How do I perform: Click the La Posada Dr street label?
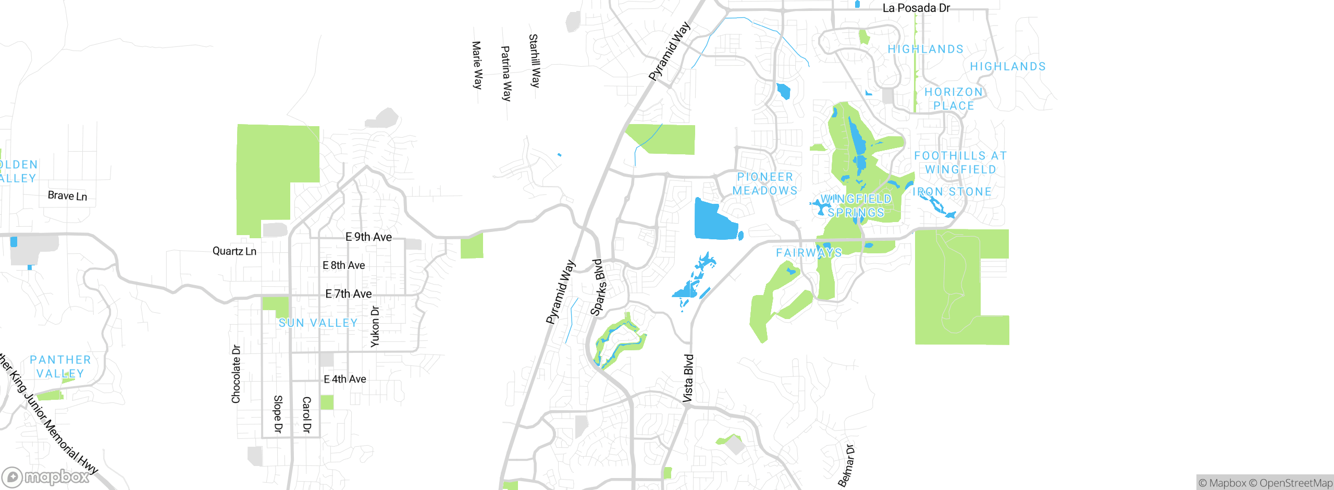[916, 8]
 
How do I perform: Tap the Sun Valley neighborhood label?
[318, 323]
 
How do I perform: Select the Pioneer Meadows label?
[765, 183]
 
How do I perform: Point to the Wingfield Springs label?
[856, 206]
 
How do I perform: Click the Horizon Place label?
[954, 99]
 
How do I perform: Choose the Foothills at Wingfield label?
[960, 163]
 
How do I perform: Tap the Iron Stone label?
[952, 192]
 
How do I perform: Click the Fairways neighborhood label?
[809, 253]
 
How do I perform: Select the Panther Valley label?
[60, 366]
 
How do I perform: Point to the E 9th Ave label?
[368, 237]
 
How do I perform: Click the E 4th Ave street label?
[345, 379]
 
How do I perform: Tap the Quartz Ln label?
[234, 251]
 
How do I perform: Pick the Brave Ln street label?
[67, 196]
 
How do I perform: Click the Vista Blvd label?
[688, 378]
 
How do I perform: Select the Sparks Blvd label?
[600, 287]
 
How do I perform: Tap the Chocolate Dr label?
[236, 374]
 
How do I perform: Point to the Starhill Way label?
[535, 60]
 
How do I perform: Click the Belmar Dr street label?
[846, 465]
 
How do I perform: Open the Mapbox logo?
[46, 476]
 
